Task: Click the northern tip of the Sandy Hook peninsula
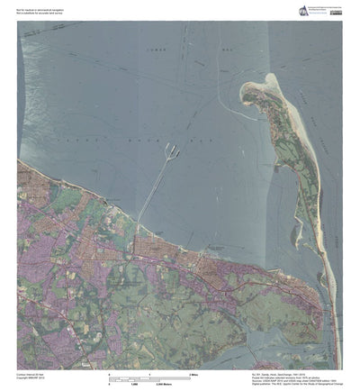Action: [245, 86]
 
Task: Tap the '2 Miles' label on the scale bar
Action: [193, 373]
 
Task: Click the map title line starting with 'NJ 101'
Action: [270, 371]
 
